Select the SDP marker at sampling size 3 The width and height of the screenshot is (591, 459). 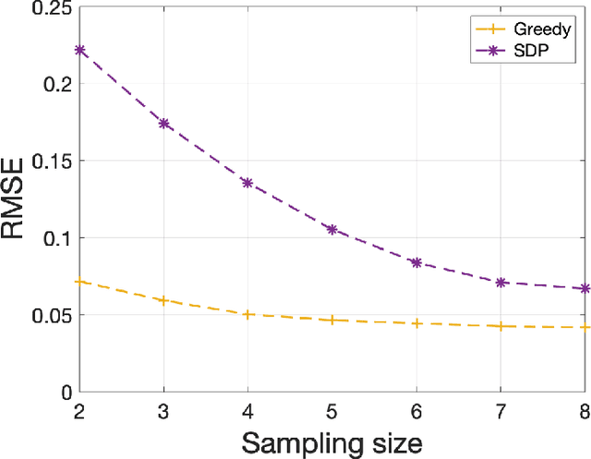click(164, 123)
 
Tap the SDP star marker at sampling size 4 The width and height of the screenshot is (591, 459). click(247, 183)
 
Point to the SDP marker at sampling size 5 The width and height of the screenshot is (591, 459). click(332, 229)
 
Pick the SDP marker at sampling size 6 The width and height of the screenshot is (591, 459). click(416, 262)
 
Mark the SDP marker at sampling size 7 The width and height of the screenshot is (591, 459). click(500, 282)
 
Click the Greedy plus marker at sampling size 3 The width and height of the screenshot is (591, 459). click(164, 300)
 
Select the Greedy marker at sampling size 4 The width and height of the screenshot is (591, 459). click(247, 314)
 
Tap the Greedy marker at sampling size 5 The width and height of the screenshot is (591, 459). click(332, 320)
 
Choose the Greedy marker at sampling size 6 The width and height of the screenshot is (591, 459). click(416, 323)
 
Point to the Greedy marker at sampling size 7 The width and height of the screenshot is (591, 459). click(500, 326)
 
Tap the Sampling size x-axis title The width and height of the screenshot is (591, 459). click(332, 441)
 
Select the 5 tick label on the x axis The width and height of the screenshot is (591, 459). click(332, 409)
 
